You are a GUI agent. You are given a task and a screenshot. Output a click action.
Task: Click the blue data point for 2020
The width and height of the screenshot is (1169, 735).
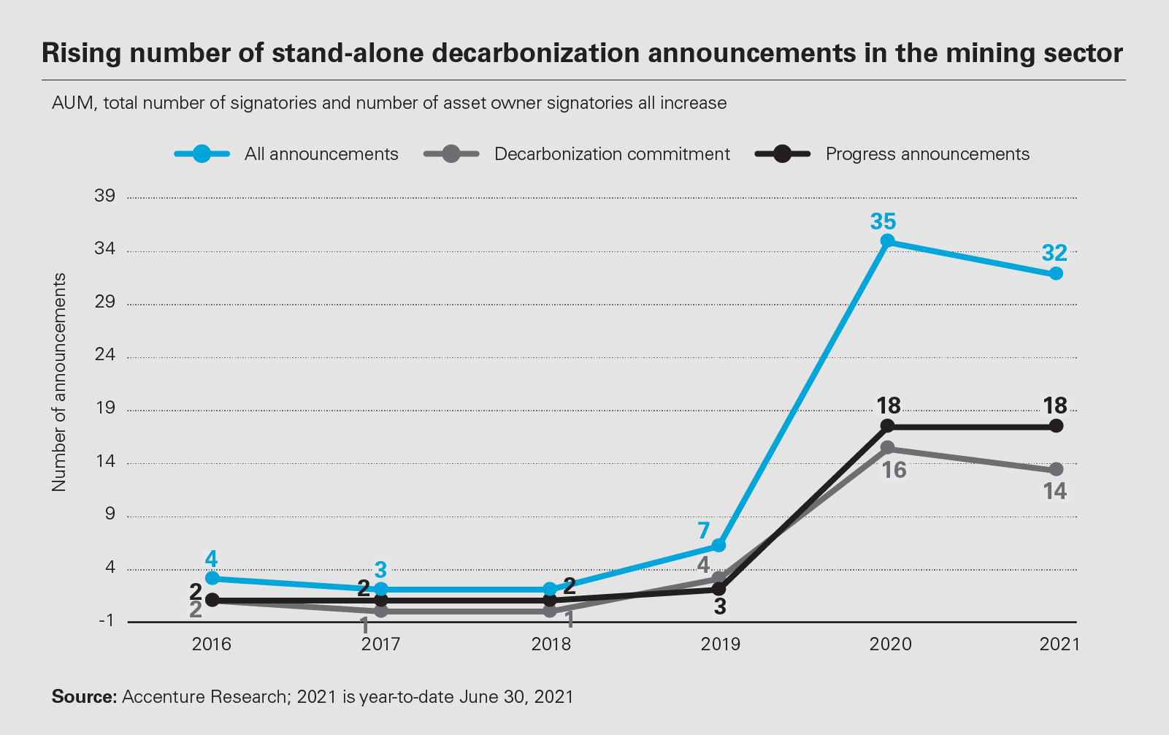coord(888,241)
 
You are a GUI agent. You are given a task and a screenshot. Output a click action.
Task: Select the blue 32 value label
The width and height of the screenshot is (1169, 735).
coord(1054,254)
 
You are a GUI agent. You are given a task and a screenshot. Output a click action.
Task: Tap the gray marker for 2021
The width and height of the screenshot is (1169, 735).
coord(1057,469)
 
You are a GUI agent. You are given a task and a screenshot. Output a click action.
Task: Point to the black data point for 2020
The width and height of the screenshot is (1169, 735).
coord(888,426)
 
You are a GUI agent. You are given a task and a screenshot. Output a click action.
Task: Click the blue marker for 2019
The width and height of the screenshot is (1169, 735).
coord(718,545)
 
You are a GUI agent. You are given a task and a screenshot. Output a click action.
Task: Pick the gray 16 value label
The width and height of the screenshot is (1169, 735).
coord(894,471)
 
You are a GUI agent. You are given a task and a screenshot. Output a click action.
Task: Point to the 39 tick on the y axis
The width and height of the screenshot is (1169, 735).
coord(105,196)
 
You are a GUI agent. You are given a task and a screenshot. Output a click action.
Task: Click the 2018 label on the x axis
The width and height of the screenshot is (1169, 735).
coord(551,644)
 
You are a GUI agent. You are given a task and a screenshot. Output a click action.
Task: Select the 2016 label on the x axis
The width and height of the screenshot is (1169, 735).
coord(212,644)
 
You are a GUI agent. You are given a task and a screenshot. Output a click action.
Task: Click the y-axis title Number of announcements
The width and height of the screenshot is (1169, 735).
coord(59,382)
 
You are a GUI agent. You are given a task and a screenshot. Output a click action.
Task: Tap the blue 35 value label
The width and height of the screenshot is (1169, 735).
coord(883,222)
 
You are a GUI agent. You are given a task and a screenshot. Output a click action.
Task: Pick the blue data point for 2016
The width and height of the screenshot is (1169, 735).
coord(212,578)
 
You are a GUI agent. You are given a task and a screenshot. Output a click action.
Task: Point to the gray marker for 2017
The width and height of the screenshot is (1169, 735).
coord(381,611)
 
